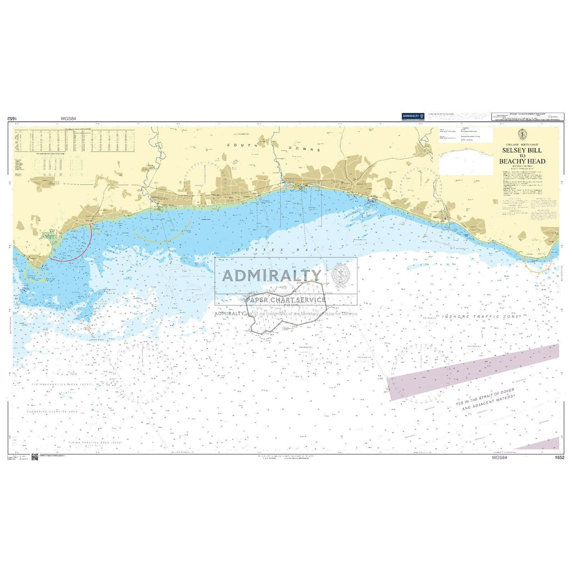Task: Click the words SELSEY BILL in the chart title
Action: coord(522,150)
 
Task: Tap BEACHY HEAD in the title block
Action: coord(522,161)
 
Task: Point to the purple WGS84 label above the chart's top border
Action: coord(68,119)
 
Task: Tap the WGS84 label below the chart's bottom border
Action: coord(499,457)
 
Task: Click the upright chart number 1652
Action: coord(559,457)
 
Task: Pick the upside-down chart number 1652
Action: coord(12,120)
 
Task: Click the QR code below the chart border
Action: coord(34,457)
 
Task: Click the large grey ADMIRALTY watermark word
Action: coord(272,275)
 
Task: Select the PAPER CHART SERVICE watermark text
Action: coord(286,300)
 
